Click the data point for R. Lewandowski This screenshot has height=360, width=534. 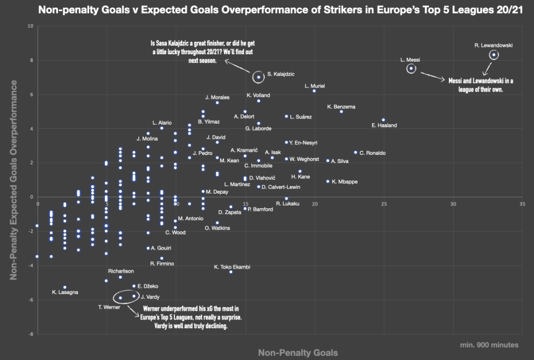[x=494, y=55]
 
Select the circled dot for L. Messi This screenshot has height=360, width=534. [x=411, y=68]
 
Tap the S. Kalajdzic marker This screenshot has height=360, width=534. [x=258, y=77]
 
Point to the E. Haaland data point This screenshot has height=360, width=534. [x=384, y=120]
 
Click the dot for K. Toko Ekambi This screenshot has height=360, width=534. [x=231, y=272]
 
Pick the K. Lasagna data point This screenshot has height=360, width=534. [x=65, y=287]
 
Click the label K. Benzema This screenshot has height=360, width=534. [x=341, y=107]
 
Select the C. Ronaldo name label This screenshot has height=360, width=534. [x=372, y=153]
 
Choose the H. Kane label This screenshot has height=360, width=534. [x=300, y=177]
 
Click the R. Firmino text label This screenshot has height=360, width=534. [x=162, y=264]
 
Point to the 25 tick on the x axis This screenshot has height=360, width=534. [x=384, y=204]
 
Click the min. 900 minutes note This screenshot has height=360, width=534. [x=490, y=345]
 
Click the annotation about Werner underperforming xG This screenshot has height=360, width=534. [x=192, y=317]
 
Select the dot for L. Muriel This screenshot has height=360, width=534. [x=314, y=91]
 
